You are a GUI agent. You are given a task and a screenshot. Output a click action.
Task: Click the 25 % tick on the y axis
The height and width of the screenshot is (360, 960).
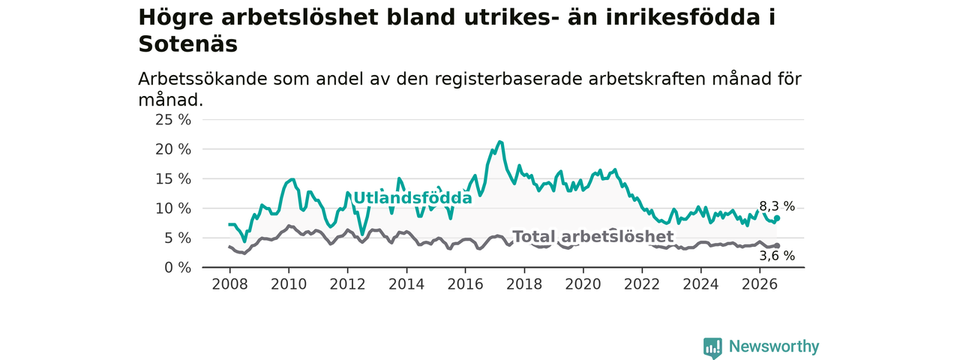tap(173, 120)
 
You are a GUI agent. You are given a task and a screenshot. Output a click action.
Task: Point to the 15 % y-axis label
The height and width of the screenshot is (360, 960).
tap(173, 179)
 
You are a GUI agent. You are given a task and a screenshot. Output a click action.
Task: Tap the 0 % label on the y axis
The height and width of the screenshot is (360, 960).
tap(178, 268)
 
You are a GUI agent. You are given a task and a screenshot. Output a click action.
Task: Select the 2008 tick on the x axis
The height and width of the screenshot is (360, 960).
tap(229, 284)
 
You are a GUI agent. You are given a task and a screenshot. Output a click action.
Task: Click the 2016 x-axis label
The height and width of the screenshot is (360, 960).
tap(466, 284)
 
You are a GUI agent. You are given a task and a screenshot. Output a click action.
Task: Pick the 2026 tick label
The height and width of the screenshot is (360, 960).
tap(760, 284)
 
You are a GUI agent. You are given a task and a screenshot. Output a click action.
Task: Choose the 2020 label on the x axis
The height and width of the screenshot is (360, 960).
tap(583, 284)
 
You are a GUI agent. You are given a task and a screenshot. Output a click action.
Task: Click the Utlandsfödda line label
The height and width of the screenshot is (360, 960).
tap(412, 197)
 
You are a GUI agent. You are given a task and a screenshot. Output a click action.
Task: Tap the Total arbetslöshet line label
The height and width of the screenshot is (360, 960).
tap(593, 236)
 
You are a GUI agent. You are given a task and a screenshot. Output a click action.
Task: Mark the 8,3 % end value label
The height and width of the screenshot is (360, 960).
tap(777, 206)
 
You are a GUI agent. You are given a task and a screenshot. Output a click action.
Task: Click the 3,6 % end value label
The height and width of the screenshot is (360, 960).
tap(777, 256)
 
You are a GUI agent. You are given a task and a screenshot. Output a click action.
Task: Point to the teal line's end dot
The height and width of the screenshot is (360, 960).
tap(777, 218)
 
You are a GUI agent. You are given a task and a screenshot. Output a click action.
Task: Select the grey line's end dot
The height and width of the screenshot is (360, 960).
tap(777, 245)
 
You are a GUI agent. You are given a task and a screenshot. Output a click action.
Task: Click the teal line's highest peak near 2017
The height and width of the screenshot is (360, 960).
tap(499, 142)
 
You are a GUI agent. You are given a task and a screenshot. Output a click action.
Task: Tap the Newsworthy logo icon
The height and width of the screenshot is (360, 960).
tap(712, 347)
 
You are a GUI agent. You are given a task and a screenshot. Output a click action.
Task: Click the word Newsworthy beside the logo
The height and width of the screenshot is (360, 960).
tap(774, 346)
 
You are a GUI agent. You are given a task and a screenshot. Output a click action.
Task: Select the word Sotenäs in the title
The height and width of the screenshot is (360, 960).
tap(187, 44)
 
